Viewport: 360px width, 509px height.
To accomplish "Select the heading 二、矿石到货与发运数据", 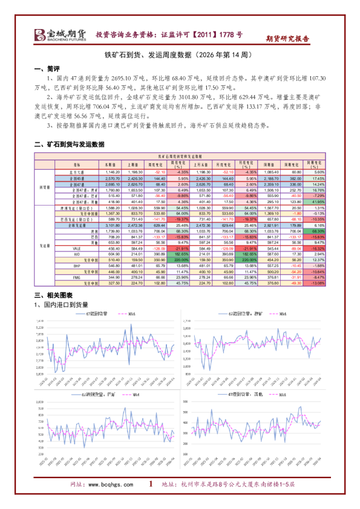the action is [x=70, y=144].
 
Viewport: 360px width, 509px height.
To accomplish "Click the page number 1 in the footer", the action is [x=150, y=484].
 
